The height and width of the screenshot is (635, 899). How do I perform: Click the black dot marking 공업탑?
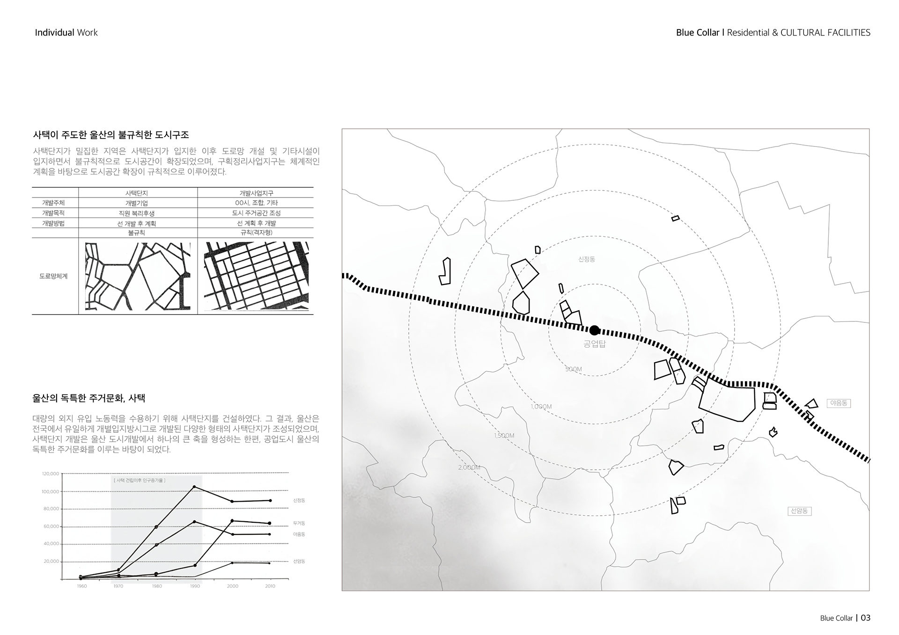(x=594, y=330)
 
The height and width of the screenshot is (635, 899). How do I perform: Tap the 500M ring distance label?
(x=574, y=369)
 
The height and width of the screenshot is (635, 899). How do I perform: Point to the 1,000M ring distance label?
(x=541, y=407)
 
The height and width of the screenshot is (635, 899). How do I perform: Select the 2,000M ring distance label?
(x=469, y=467)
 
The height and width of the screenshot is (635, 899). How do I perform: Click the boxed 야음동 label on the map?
(x=839, y=403)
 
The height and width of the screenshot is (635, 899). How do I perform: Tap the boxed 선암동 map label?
(x=799, y=511)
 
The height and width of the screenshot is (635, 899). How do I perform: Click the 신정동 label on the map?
(x=587, y=259)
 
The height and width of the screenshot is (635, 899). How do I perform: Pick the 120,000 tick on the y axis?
(x=51, y=474)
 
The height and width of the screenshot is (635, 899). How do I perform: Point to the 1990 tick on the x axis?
(x=195, y=586)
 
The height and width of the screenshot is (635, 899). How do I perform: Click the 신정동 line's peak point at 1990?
(x=194, y=487)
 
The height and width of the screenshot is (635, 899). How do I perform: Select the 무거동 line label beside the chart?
(x=299, y=523)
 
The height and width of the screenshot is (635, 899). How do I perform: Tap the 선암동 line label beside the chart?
(x=299, y=561)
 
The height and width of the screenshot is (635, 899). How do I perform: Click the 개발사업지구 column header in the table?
(x=256, y=193)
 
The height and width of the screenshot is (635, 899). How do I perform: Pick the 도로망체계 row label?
(x=54, y=276)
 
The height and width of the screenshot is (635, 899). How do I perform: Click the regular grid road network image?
(x=256, y=276)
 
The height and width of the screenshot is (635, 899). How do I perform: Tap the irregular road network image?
(x=138, y=276)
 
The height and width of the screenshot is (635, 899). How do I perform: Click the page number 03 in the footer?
(x=865, y=618)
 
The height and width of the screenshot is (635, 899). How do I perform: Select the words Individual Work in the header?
(x=66, y=33)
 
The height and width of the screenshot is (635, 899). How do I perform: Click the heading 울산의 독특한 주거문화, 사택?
(x=89, y=398)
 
